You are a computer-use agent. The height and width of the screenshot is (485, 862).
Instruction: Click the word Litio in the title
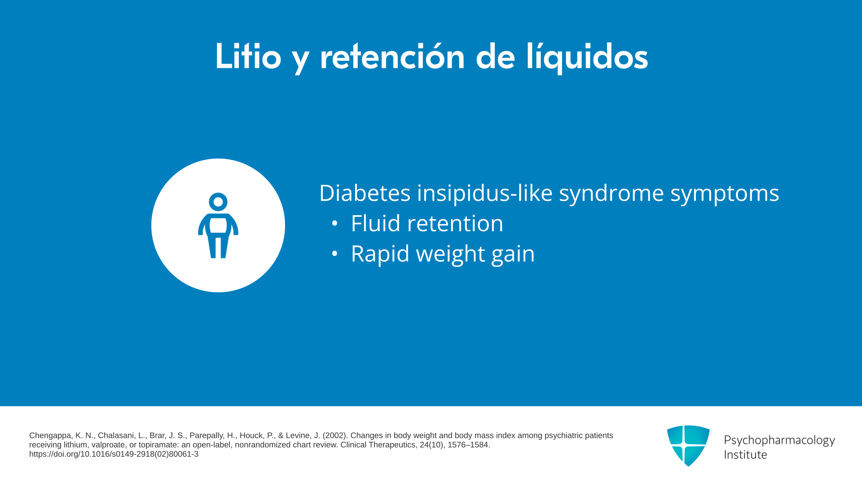coord(248,56)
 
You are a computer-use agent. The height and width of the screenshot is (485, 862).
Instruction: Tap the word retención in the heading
coord(392,56)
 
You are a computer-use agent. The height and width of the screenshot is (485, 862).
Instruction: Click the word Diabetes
coord(365,193)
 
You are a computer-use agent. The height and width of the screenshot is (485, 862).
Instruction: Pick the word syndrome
coord(611,194)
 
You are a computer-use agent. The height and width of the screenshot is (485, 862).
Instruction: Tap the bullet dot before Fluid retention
coord(334,224)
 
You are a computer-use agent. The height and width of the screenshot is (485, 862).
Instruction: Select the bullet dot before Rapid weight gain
coord(334,254)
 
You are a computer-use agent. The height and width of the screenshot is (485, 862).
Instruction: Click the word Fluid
coord(375,223)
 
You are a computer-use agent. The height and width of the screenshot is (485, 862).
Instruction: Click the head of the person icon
coord(218,202)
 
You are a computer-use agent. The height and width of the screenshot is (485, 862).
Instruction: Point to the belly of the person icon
coord(218,225)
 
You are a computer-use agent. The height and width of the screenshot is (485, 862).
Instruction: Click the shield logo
coord(688,445)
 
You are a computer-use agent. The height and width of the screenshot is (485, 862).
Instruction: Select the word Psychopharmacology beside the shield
coord(779,441)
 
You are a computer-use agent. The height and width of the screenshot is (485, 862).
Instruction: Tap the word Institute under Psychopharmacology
coord(746,454)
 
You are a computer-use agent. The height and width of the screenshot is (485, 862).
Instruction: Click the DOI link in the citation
coord(114,454)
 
